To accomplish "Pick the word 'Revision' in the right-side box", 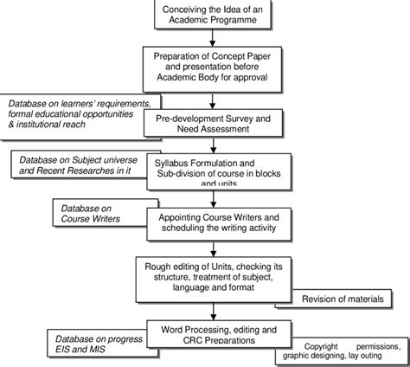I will tap(319, 299).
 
